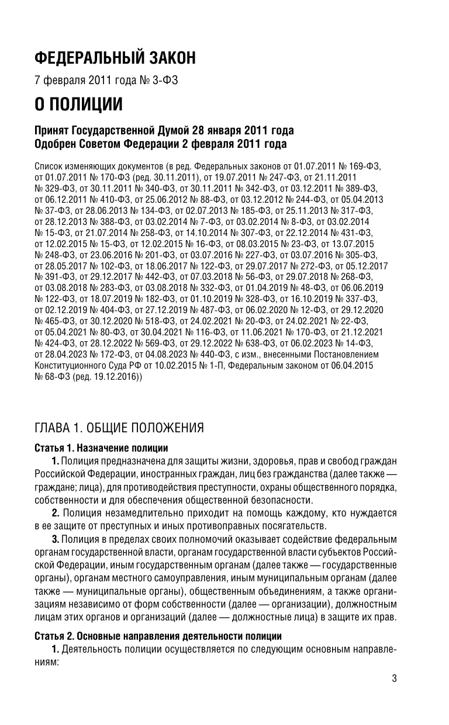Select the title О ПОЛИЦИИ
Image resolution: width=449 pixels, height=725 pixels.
point(78,105)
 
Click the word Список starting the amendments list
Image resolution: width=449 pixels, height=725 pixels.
point(49,166)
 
